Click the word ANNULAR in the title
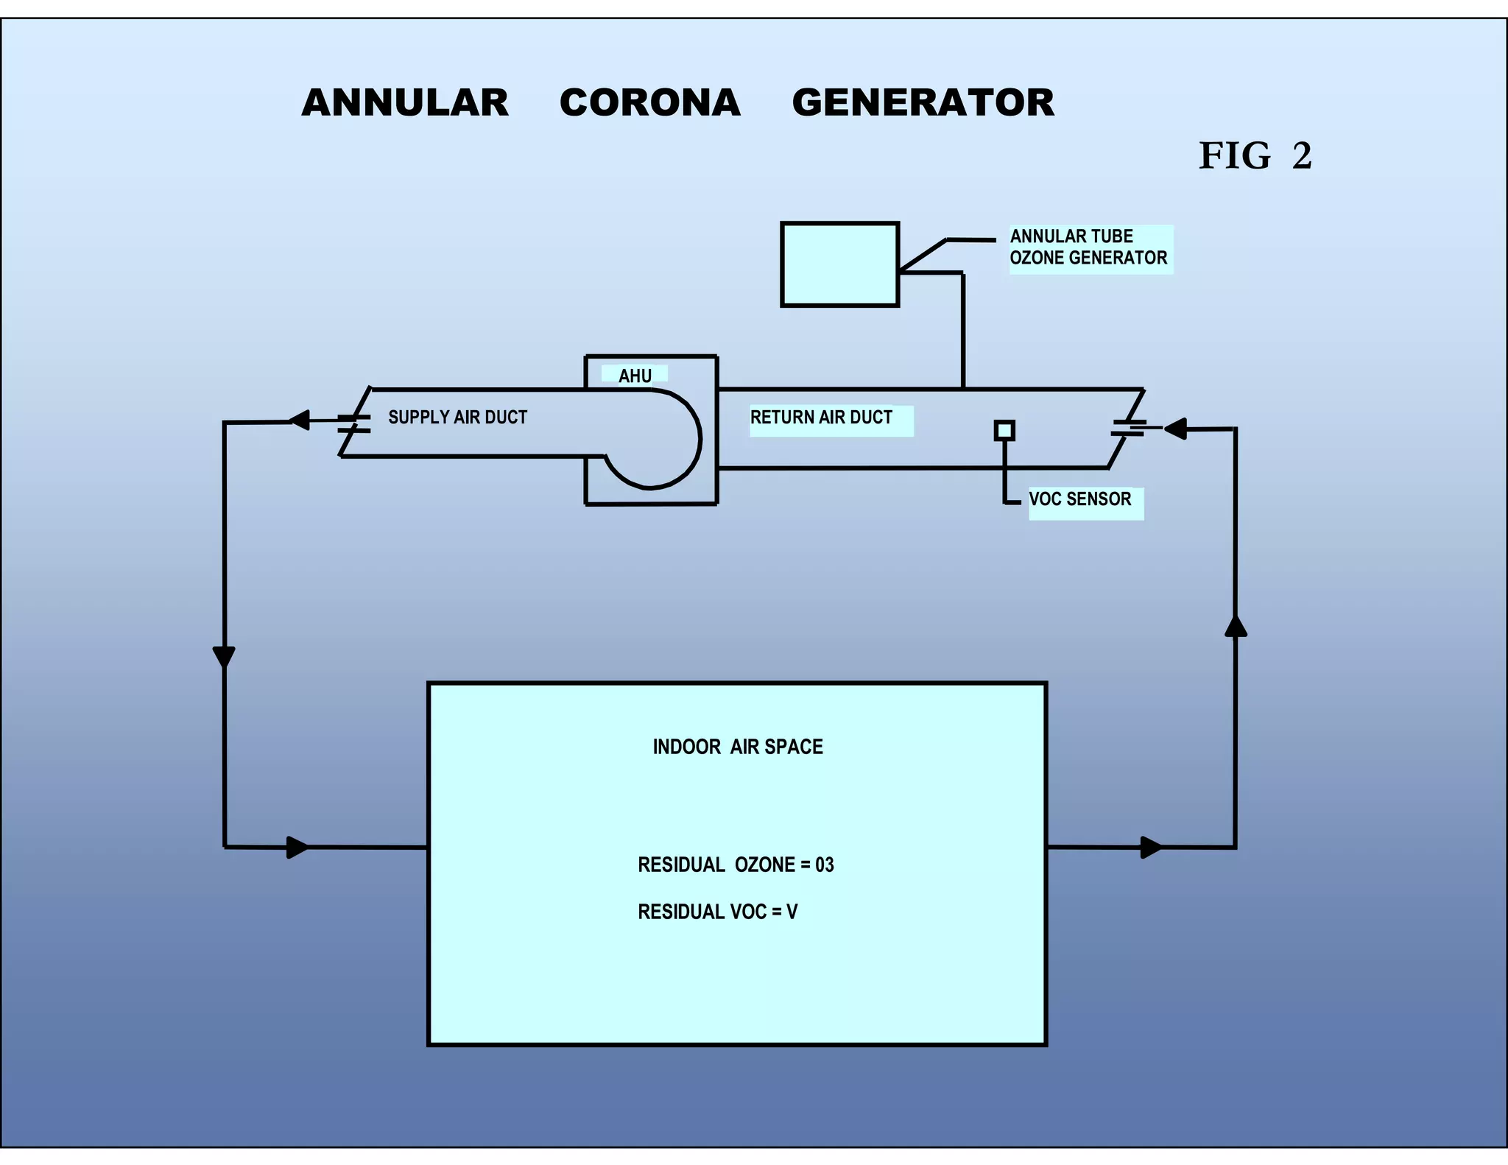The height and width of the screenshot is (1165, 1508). pyautogui.click(x=405, y=102)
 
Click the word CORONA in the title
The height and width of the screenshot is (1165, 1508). pyautogui.click(x=650, y=102)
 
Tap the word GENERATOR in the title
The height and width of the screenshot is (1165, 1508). pyautogui.click(x=923, y=102)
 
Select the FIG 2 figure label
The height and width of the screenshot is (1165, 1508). pyautogui.click(x=1255, y=156)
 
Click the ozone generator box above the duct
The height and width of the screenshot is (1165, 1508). pyautogui.click(x=839, y=264)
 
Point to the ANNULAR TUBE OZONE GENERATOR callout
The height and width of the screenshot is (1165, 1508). pyautogui.click(x=1088, y=247)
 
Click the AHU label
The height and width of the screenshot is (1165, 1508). pyautogui.click(x=635, y=376)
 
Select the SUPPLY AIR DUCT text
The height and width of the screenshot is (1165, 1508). pyautogui.click(x=457, y=418)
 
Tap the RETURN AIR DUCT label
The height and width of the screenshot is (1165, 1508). pyautogui.click(x=821, y=418)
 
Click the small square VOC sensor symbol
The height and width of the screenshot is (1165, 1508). pyautogui.click(x=1004, y=430)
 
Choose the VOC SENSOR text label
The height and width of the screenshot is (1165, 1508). pyautogui.click(x=1079, y=499)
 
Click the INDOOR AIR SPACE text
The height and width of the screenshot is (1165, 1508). pyautogui.click(x=737, y=747)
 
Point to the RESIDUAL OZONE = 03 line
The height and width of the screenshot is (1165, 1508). pyautogui.click(x=736, y=865)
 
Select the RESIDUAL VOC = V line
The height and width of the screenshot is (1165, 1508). pyautogui.click(x=717, y=912)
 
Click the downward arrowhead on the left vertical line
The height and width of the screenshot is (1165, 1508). pyautogui.click(x=224, y=656)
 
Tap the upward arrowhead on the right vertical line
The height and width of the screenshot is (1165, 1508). pyautogui.click(x=1236, y=626)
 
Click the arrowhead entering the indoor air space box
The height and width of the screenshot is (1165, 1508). pyautogui.click(x=297, y=848)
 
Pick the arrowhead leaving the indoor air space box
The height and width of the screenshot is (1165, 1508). pyautogui.click(x=1151, y=848)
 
